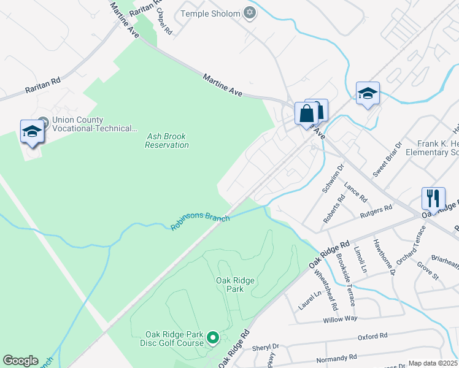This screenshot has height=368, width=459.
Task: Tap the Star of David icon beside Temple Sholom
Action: [x=249, y=13]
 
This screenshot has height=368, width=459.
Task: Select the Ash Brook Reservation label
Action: [x=167, y=140]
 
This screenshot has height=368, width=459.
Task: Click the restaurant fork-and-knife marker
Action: [x=433, y=198]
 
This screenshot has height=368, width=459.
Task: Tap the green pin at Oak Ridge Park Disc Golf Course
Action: [x=213, y=337]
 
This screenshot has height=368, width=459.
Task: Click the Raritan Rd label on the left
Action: [x=43, y=85]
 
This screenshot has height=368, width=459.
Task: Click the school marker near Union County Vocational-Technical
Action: [x=33, y=131]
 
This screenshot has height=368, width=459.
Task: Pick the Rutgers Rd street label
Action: [x=377, y=211]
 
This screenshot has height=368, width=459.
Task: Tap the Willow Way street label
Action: [x=340, y=320]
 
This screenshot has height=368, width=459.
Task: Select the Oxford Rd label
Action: [x=372, y=336]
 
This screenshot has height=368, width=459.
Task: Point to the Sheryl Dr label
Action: [x=265, y=347]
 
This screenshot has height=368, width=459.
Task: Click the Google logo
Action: [x=20, y=361]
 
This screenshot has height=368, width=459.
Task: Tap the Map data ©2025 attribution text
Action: [x=433, y=363]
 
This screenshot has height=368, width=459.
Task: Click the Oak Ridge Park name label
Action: [x=235, y=285]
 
